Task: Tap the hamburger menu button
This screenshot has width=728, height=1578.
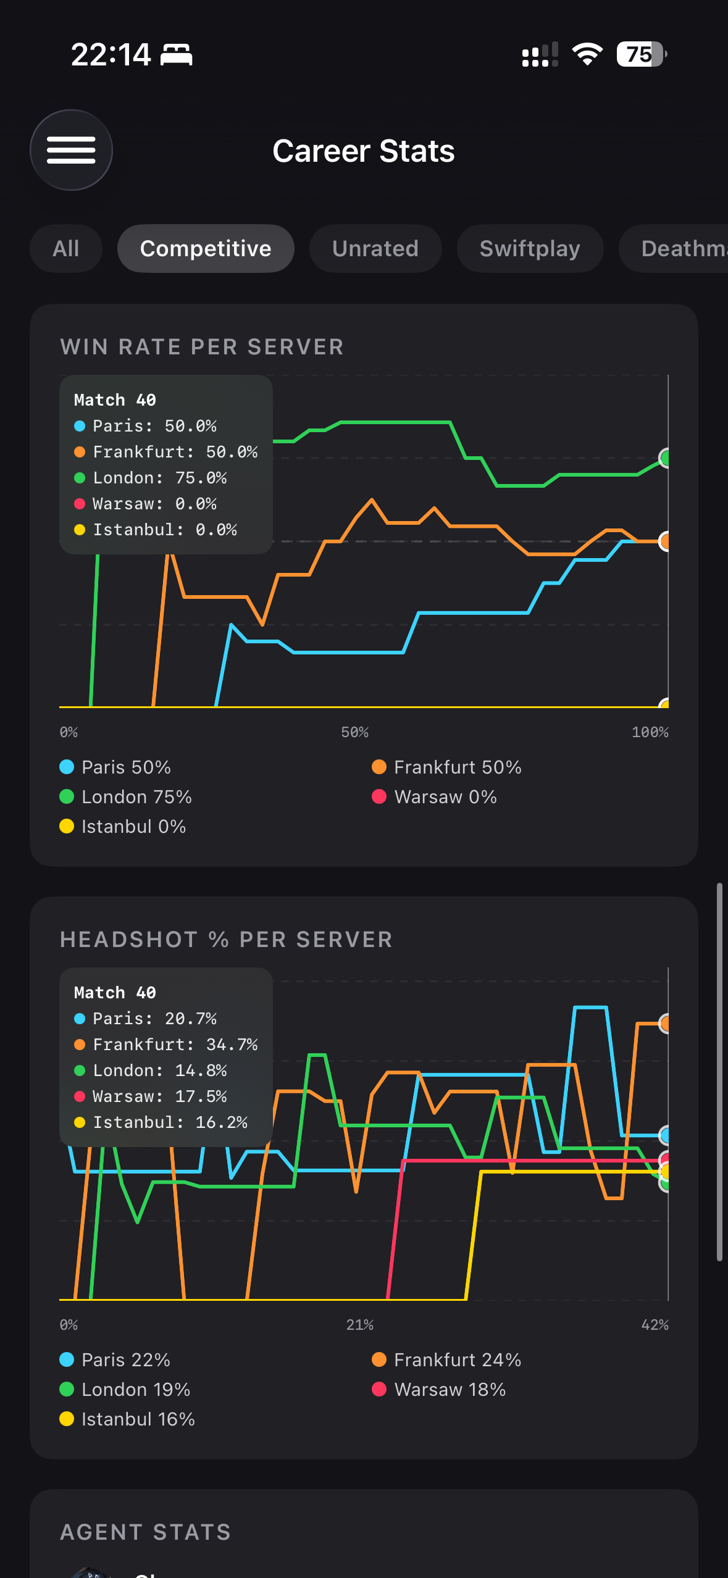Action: point(71,150)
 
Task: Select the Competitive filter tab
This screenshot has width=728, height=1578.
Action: point(206,248)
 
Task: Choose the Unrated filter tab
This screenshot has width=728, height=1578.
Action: point(375,248)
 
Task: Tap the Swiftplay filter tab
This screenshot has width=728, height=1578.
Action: point(530,248)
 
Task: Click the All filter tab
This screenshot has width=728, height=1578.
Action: point(66,248)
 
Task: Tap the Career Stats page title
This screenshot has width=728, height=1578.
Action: point(364,151)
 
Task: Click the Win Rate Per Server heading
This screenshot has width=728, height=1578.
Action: point(202,347)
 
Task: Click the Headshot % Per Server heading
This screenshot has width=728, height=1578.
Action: point(226,940)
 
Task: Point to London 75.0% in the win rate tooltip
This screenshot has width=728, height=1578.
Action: point(159,478)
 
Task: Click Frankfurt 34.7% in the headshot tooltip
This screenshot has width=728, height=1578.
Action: point(175,1045)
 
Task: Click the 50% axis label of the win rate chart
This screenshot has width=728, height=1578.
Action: point(354,732)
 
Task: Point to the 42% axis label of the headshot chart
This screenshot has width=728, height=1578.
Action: point(655,1325)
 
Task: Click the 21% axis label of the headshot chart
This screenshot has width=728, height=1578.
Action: point(359,1325)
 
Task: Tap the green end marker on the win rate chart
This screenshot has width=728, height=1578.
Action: point(664,458)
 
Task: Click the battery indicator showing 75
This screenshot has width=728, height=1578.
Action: point(641,54)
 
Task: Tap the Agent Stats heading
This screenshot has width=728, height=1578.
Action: point(146,1532)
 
